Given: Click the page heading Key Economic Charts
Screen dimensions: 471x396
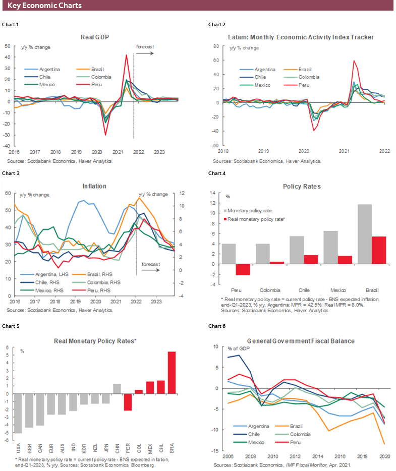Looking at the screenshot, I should click(x=45, y=6).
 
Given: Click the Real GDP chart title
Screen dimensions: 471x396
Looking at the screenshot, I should click(x=95, y=37).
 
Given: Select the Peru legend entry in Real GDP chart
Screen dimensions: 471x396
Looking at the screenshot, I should click(x=86, y=85).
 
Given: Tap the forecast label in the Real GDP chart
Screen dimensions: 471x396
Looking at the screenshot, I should click(x=145, y=46).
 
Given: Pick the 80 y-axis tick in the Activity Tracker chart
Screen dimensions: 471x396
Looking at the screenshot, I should click(x=215, y=46).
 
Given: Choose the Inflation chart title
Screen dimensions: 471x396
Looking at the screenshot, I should click(x=94, y=186).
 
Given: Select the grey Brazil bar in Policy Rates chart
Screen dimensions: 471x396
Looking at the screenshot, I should click(x=365, y=234).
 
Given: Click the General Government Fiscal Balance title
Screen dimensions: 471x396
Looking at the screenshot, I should click(x=300, y=341).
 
